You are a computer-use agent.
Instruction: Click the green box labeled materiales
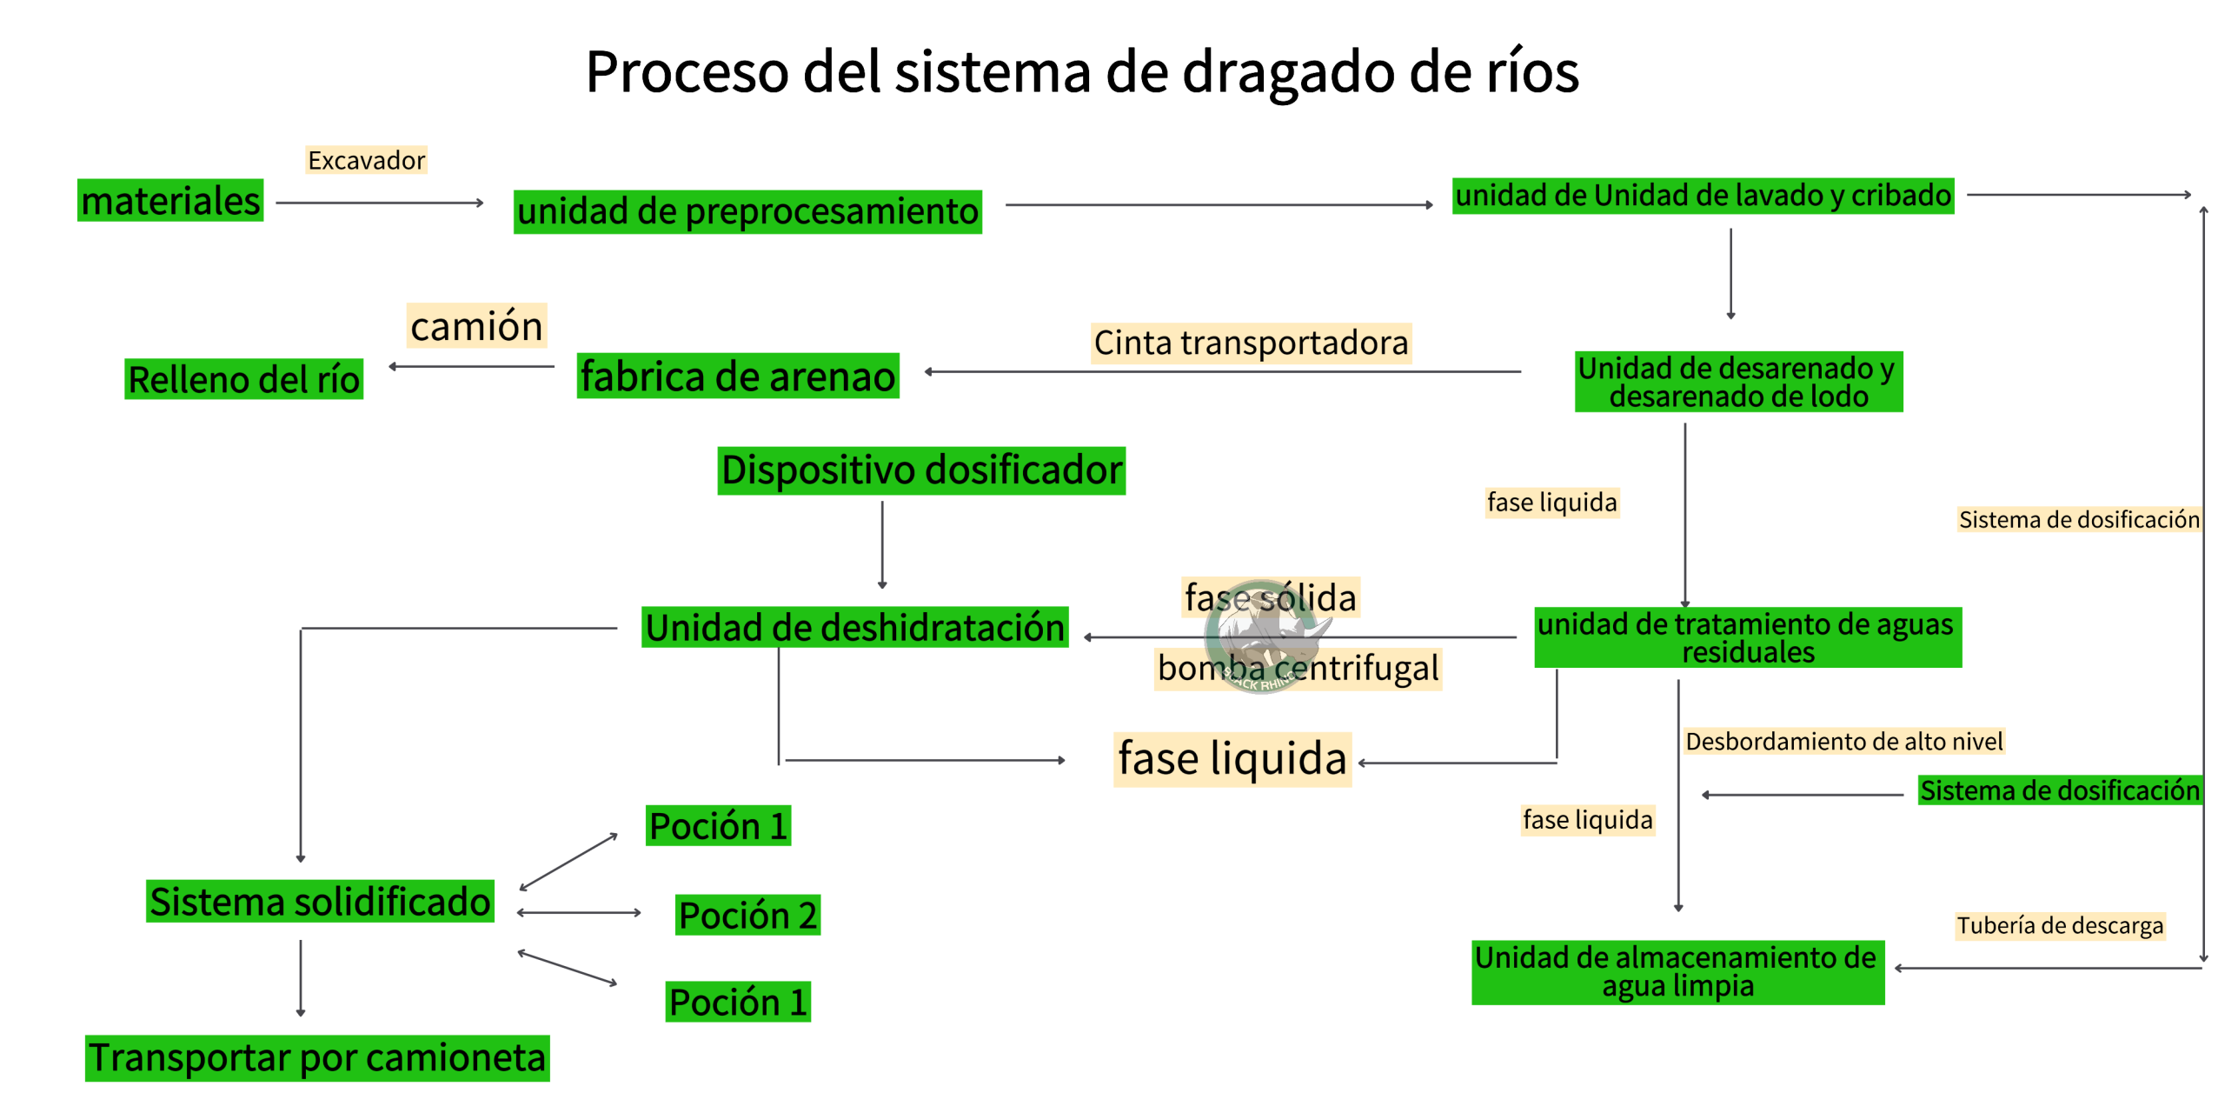[170, 201]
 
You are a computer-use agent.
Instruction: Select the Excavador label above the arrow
[366, 160]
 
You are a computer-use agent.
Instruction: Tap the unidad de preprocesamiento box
[747, 211]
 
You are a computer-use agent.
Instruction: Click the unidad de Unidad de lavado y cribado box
[1703, 196]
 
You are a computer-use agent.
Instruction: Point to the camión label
[476, 326]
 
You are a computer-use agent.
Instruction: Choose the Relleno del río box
[243, 379]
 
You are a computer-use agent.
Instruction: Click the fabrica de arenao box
[737, 376]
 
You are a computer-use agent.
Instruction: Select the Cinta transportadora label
[1251, 343]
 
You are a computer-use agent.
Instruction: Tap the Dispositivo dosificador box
[921, 470]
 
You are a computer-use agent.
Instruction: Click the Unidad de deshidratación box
[854, 627]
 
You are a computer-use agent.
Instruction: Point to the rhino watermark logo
[1265, 636]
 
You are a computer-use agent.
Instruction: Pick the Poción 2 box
[747, 915]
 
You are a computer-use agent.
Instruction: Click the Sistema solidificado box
[320, 901]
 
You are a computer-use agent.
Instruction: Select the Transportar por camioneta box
[317, 1058]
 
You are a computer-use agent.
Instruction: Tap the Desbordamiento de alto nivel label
[1843, 741]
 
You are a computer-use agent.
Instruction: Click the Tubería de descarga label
[2059, 925]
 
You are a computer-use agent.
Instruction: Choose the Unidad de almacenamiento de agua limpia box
[1677, 972]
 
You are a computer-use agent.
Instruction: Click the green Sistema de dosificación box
[2059, 790]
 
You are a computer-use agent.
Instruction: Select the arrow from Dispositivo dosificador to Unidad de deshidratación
[882, 543]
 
